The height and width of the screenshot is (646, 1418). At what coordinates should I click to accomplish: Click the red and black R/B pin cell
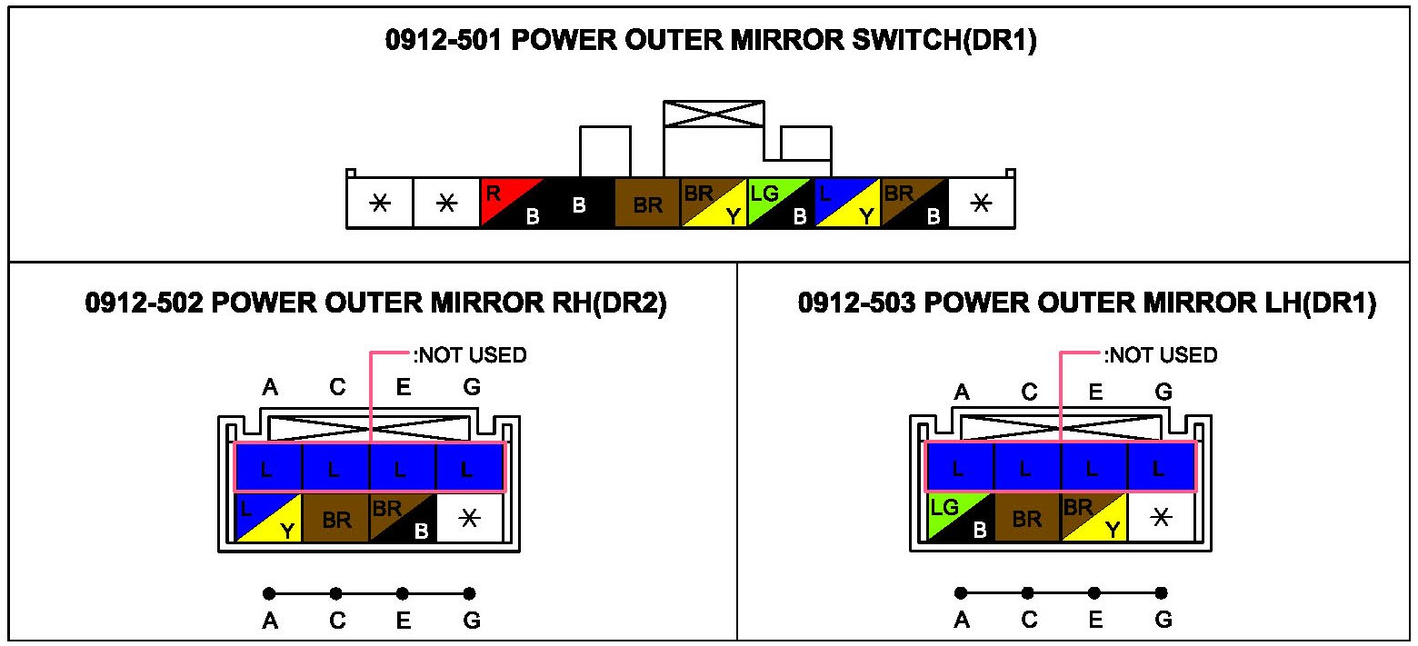513,202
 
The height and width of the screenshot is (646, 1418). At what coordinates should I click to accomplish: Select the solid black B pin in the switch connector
580,202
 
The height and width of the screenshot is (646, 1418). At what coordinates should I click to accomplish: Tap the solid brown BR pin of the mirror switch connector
647,202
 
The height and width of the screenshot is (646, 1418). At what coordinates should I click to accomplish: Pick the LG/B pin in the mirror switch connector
781,202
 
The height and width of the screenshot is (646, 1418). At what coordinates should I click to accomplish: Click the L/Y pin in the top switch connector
847,202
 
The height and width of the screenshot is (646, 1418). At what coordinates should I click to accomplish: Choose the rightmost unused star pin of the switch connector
981,202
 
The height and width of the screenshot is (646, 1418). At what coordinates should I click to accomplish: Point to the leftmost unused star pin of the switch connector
380,202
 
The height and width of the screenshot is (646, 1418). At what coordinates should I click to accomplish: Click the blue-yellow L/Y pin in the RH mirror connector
268,518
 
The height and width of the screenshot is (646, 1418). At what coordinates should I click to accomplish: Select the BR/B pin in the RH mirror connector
403,518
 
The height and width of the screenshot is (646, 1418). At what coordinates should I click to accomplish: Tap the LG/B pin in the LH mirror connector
960,518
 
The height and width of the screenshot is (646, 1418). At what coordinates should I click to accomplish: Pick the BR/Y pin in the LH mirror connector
1094,518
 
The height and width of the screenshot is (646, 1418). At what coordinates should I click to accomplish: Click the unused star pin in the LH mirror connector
1162,518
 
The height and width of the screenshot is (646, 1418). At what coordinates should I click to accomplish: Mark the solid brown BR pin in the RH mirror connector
335,518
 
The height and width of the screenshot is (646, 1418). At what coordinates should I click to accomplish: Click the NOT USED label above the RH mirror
470,355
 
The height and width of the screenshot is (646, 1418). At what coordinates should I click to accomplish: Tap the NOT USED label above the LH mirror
1161,355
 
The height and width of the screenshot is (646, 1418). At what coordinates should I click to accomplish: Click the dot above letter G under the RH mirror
469,593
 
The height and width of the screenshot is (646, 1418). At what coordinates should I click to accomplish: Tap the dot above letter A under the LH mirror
961,593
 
